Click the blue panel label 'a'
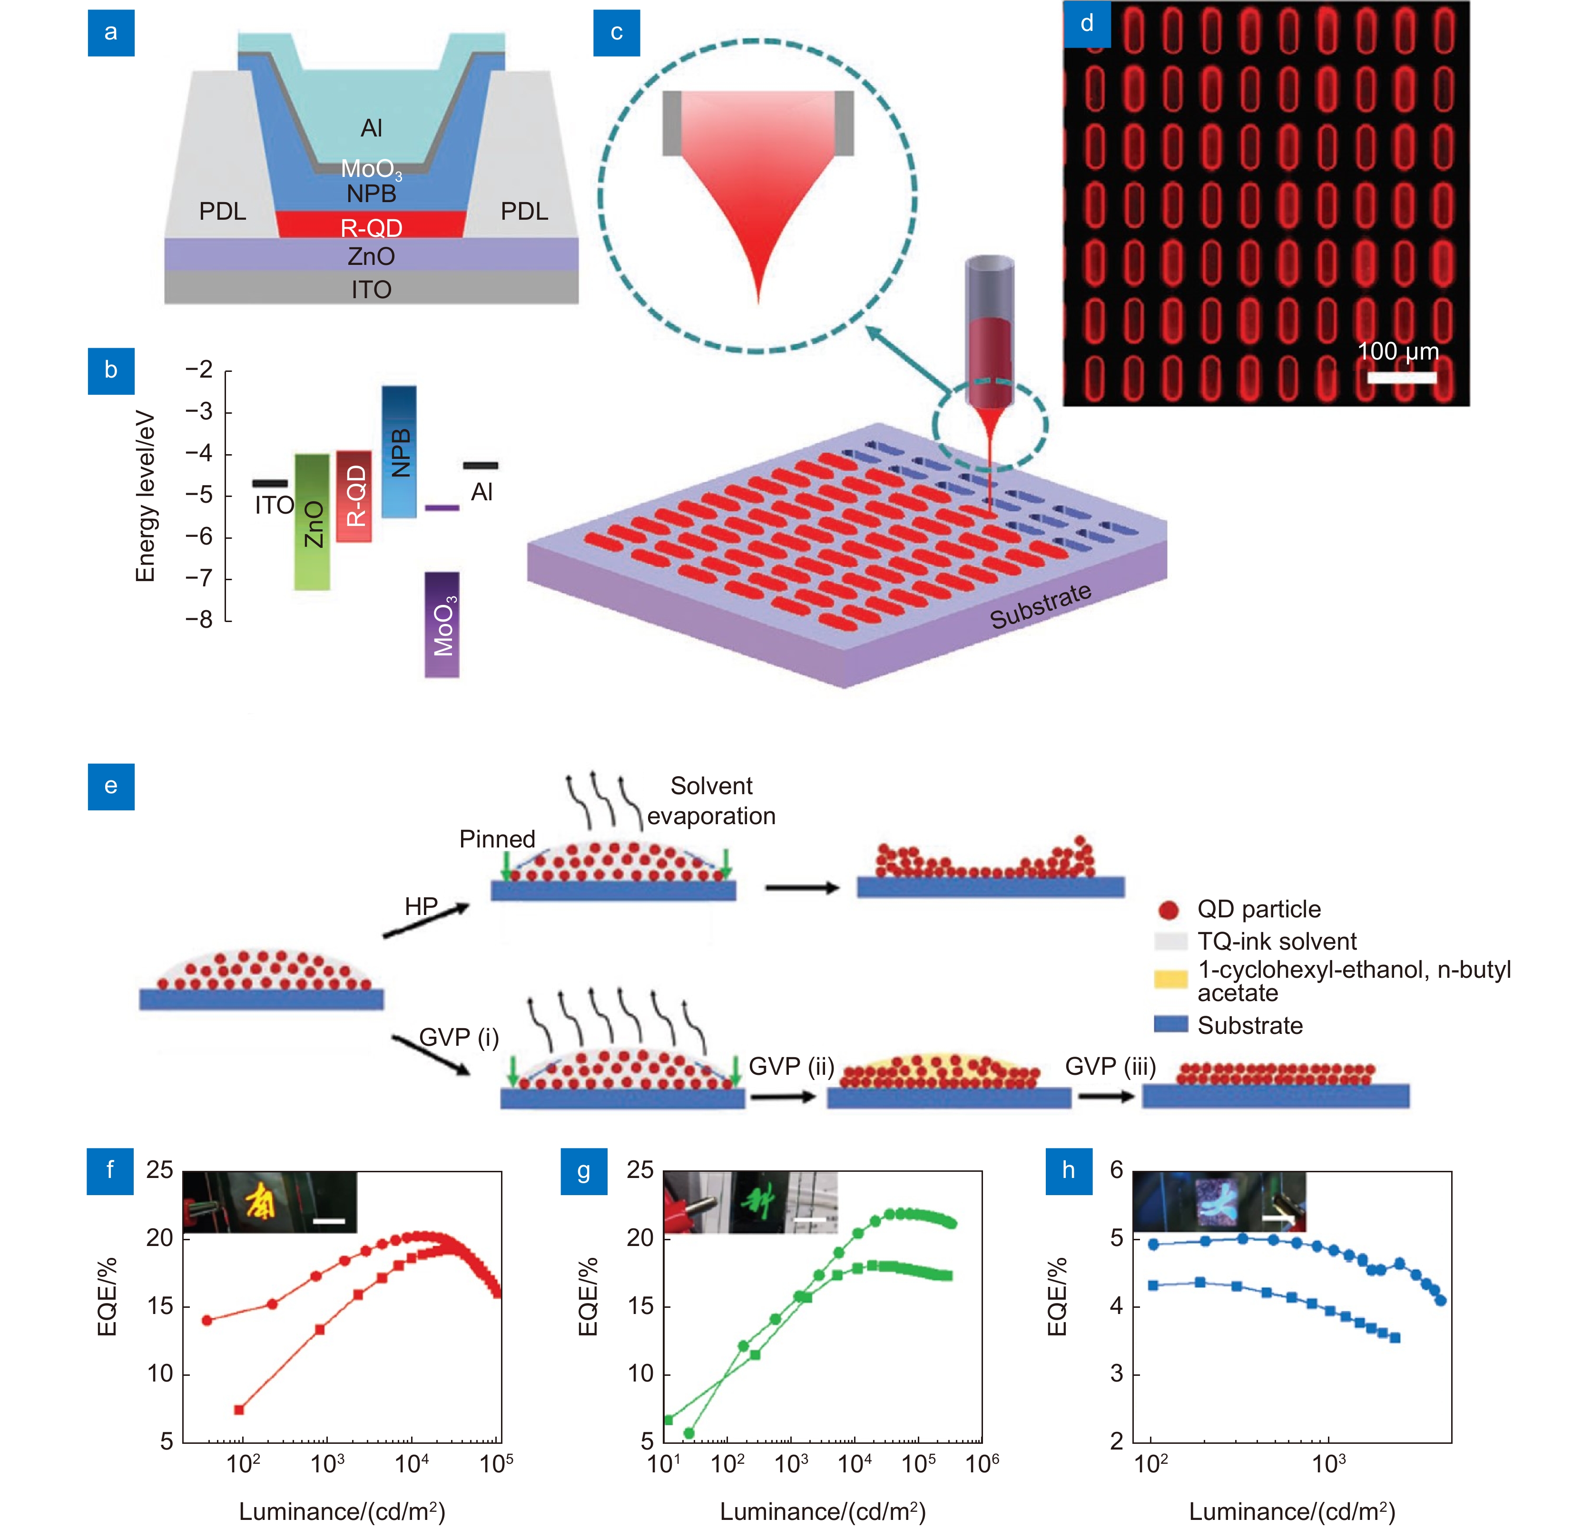pos(110,32)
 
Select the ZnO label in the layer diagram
pos(371,256)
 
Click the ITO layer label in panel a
pos(371,289)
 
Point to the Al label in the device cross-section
pos(371,127)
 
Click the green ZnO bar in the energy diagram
pos(312,522)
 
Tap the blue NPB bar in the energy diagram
pos(399,451)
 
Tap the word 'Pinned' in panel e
pos(497,839)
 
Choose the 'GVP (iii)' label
pos(1110,1066)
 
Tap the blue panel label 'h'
pos(1068,1170)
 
